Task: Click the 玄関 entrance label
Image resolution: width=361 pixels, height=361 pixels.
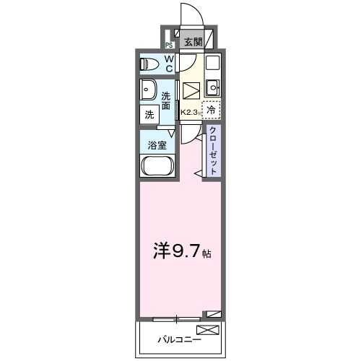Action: point(192,42)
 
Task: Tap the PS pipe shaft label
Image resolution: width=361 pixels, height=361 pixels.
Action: point(169,44)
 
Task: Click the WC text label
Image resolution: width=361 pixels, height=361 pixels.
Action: point(168,64)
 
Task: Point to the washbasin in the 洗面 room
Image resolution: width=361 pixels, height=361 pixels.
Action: point(149,91)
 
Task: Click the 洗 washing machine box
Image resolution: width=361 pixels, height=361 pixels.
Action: point(149,114)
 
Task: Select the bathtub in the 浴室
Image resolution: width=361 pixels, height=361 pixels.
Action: point(156,167)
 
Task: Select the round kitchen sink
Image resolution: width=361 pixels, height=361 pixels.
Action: point(212,88)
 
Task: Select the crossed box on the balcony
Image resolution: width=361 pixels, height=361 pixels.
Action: point(206,331)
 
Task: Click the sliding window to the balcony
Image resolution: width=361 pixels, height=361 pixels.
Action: point(177,318)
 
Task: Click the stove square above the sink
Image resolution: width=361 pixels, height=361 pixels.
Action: point(212,64)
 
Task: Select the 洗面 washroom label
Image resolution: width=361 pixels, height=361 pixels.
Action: point(167,101)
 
